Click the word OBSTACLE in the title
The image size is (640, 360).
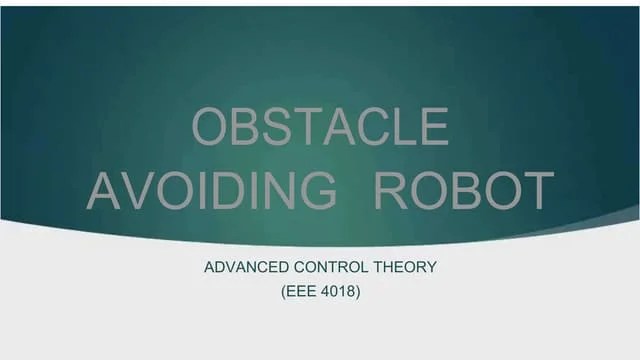click(x=319, y=129)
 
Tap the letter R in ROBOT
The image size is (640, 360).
click(x=392, y=190)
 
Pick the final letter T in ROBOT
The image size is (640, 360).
click(x=535, y=190)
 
